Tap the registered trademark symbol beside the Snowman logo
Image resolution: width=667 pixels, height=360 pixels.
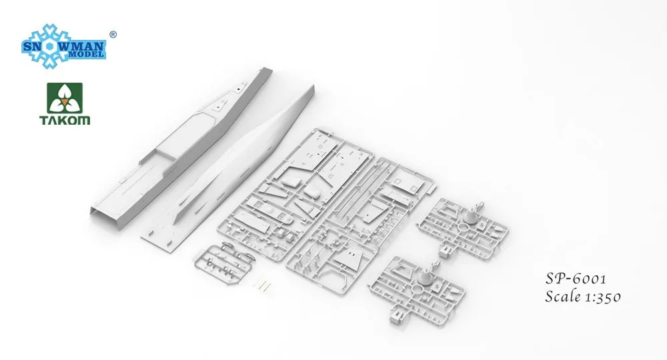click(113, 33)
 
